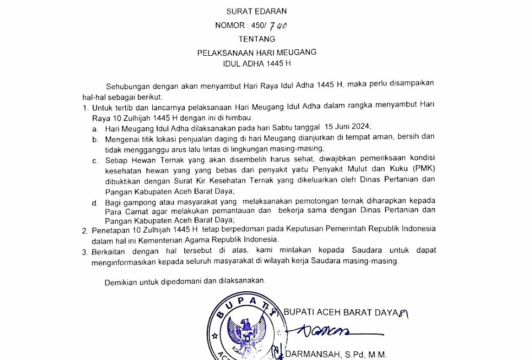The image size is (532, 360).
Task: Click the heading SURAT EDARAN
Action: tap(257, 11)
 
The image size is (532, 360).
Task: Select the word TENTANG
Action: tap(257, 39)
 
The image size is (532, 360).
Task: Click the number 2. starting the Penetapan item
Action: tap(85, 230)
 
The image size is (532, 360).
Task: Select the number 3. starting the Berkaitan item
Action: tap(85, 251)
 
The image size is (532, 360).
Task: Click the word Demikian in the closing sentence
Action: tap(121, 281)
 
